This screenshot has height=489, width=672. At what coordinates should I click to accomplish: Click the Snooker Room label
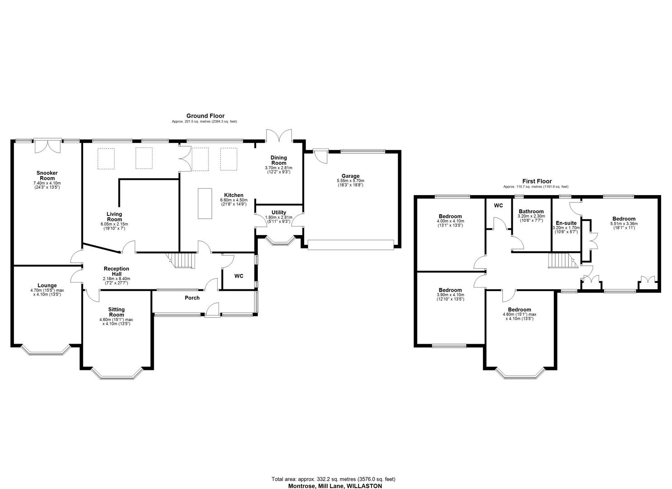(x=47, y=175)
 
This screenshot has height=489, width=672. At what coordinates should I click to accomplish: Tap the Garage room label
(x=350, y=176)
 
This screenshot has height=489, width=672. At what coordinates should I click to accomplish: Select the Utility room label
(x=278, y=212)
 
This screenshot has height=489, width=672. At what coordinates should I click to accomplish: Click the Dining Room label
(x=278, y=160)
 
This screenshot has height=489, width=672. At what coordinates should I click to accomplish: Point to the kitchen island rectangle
(x=205, y=204)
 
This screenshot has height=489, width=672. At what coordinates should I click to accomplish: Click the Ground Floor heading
(x=205, y=116)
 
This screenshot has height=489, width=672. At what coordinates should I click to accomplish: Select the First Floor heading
(x=536, y=181)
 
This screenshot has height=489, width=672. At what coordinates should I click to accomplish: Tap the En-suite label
(x=566, y=223)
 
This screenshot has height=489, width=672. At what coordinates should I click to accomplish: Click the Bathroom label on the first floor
(x=531, y=211)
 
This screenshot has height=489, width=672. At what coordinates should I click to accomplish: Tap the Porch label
(x=192, y=298)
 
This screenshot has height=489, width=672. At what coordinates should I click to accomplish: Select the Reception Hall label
(x=116, y=271)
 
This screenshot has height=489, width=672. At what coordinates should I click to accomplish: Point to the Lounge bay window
(x=46, y=351)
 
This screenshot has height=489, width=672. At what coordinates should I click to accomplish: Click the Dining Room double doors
(x=280, y=135)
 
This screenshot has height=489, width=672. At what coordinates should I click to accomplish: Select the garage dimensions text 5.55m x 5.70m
(x=350, y=181)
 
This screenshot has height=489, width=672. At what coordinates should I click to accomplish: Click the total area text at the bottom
(x=335, y=479)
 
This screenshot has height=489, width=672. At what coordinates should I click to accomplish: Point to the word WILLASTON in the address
(x=364, y=486)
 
